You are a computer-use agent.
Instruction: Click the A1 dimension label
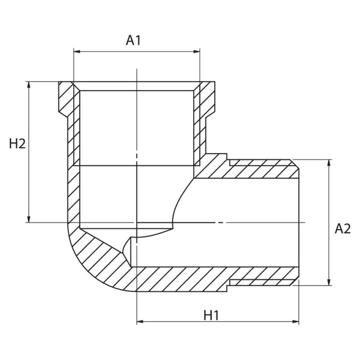(x=133, y=40)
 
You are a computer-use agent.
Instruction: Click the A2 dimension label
(x=343, y=229)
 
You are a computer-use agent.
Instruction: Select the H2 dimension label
(x=17, y=144)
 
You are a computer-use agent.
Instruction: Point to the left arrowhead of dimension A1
(x=77, y=52)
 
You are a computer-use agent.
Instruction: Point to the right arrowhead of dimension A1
(x=197, y=52)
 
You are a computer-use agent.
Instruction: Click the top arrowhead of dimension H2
(x=29, y=85)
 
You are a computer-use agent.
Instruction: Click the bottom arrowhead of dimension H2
(x=29, y=219)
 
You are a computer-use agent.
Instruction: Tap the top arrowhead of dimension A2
(x=329, y=163)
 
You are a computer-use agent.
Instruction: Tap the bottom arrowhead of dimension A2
(x=329, y=282)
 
